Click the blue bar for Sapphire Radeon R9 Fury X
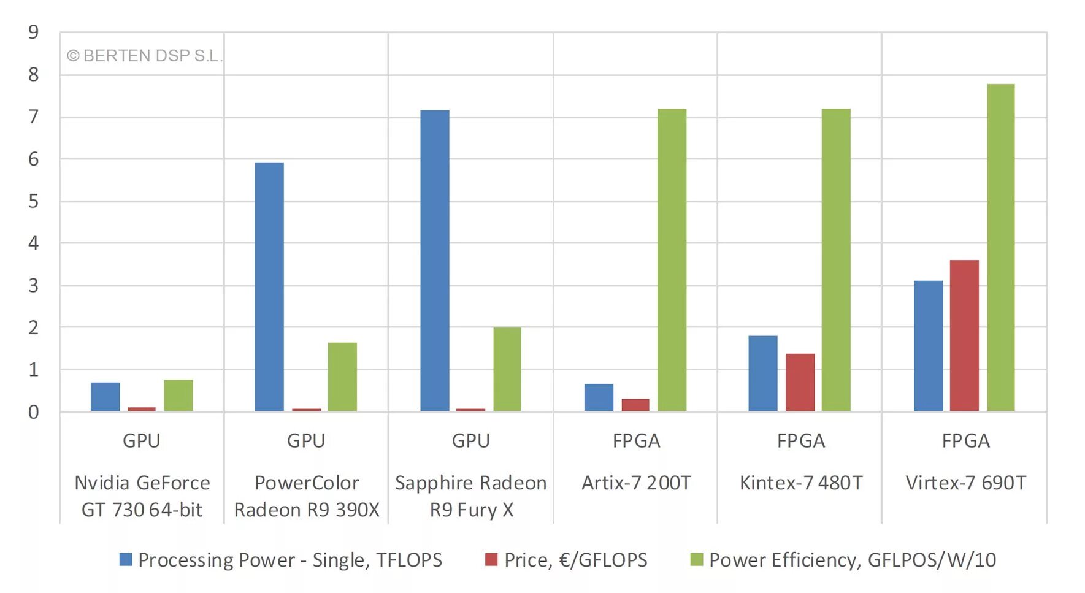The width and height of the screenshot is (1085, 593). [434, 261]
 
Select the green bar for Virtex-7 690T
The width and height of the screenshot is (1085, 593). [1000, 247]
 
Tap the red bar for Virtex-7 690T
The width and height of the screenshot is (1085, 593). [964, 335]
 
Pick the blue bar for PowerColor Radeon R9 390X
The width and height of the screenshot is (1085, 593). [269, 286]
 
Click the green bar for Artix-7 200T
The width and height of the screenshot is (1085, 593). [672, 259]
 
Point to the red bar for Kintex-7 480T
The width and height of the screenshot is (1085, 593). [800, 382]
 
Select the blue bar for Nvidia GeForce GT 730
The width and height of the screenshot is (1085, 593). [105, 397]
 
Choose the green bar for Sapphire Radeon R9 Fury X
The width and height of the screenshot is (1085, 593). [507, 369]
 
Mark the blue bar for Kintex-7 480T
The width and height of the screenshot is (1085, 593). [762, 373]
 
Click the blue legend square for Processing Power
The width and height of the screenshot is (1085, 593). [126, 559]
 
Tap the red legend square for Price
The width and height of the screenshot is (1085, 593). [491, 559]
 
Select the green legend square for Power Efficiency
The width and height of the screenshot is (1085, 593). [696, 559]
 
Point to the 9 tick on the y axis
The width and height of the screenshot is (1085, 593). [33, 32]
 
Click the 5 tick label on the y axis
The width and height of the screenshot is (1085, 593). [33, 201]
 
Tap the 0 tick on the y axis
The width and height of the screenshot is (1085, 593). [33, 412]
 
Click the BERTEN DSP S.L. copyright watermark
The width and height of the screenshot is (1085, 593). [144, 56]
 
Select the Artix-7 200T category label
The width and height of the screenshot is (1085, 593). [636, 483]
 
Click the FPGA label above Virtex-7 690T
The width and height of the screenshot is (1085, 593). [965, 441]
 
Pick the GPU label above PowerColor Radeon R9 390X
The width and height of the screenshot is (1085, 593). [306, 441]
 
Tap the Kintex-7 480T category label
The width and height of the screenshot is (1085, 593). [800, 483]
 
